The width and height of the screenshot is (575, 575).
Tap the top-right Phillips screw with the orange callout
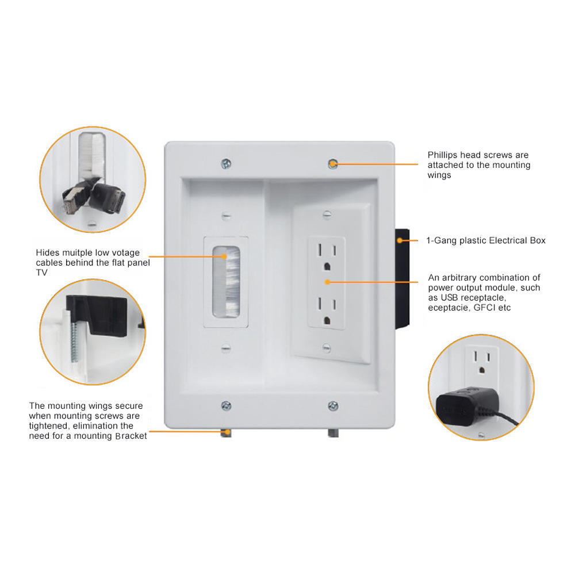click(332, 164)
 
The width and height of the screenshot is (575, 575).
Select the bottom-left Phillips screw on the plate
click(226, 406)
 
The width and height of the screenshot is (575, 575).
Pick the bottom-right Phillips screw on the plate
click(332, 406)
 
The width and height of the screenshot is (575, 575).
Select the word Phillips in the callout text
click(443, 155)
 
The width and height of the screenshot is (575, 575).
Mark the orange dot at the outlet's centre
click(327, 282)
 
